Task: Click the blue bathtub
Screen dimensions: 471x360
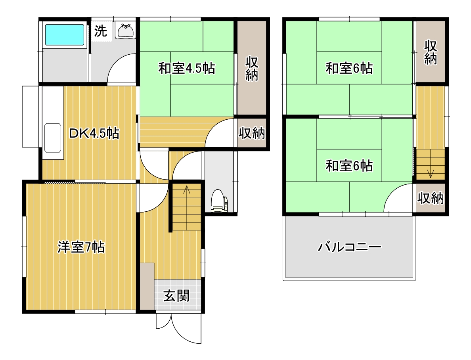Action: [x=65, y=34]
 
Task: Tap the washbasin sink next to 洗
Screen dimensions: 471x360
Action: [x=126, y=31]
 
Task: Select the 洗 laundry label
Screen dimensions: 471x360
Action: [x=100, y=31]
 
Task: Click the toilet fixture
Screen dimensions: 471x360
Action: [x=219, y=201]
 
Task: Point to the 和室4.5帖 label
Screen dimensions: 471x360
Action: [x=187, y=68]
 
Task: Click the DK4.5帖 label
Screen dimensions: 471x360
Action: [x=94, y=133]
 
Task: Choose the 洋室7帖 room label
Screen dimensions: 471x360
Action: [x=81, y=247]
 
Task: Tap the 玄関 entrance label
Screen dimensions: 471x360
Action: [x=176, y=296]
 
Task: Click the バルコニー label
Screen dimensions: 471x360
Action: [x=349, y=247]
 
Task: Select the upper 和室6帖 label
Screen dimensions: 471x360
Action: [x=349, y=68]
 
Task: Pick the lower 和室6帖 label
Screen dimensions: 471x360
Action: [x=349, y=166]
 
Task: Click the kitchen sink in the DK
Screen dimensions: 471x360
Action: [x=53, y=138]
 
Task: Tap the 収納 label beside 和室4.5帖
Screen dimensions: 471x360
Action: [x=251, y=69]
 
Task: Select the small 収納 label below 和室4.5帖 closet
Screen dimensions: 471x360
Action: [x=252, y=133]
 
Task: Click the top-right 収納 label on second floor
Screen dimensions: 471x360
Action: [x=431, y=52]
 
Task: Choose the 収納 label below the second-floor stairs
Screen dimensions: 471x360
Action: [x=431, y=198]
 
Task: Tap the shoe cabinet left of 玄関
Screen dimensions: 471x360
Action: [x=147, y=286]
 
